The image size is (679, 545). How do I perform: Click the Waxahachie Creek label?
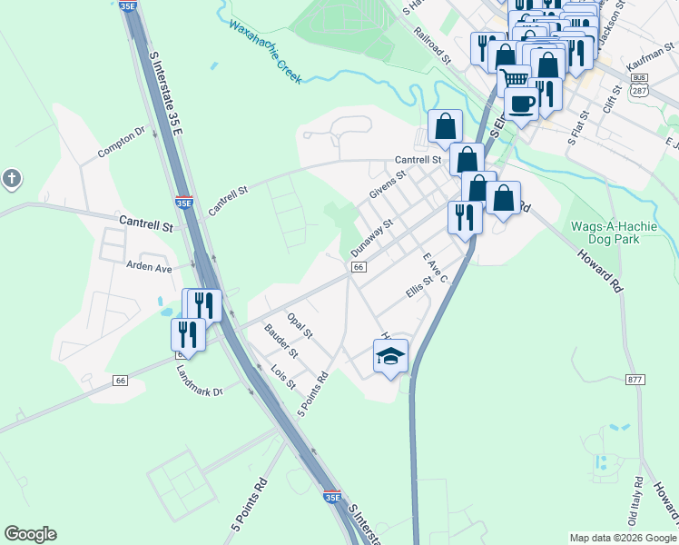tap(264, 52)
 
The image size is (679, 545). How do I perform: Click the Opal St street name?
tap(299, 323)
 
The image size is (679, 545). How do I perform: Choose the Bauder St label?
tap(280, 341)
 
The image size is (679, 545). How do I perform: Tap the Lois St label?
tap(284, 377)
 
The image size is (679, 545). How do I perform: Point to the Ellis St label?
tap(416, 287)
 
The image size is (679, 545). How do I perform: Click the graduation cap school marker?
tap(390, 355)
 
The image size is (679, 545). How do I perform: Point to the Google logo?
tap(30, 534)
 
